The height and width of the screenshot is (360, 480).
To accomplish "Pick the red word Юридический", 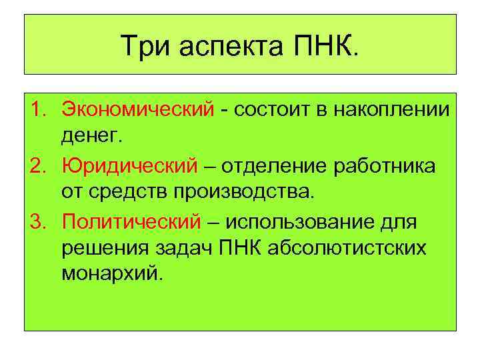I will coord(129,165).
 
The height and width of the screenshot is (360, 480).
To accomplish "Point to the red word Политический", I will coord(131,221).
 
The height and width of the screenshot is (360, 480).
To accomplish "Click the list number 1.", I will coord(39,108).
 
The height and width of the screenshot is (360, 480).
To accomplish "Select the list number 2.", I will coord(39,165).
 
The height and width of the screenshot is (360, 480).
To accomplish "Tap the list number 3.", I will coord(39,221).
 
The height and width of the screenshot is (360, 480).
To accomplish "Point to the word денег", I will coord(91,136).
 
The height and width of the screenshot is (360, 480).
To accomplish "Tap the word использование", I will coord(304,221).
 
